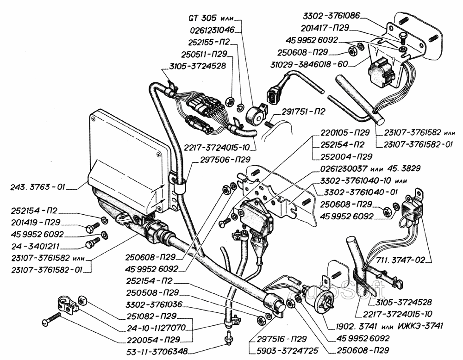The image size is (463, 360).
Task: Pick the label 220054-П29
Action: [151, 340]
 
